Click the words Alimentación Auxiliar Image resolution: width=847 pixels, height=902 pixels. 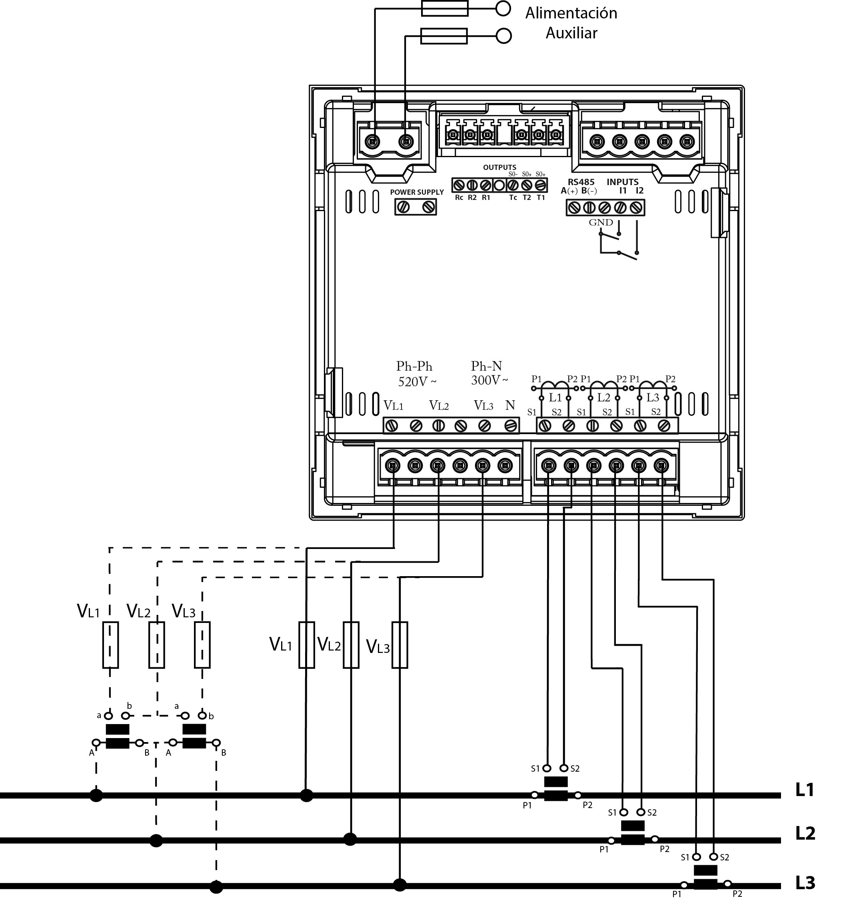(x=571, y=23)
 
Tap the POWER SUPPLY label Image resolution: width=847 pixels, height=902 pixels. (x=417, y=192)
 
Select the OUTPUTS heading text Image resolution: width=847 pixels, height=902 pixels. (x=499, y=168)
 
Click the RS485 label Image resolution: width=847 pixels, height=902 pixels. (x=581, y=182)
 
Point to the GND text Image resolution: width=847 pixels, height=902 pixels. (x=601, y=222)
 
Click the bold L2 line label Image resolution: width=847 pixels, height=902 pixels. (x=805, y=833)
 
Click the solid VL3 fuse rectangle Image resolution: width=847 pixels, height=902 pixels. (x=400, y=645)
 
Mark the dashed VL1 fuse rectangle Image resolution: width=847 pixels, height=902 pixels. (x=110, y=645)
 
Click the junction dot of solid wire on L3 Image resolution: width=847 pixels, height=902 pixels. (x=400, y=885)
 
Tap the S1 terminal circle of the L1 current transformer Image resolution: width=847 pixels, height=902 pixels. (x=547, y=768)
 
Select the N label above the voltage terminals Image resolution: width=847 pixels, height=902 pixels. (x=510, y=405)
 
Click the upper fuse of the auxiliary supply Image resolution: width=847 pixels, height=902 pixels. (x=444, y=8)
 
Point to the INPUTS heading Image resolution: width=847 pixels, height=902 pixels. (x=622, y=182)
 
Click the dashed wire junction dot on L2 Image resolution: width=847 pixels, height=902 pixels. (x=156, y=841)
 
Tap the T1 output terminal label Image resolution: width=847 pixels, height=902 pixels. (x=540, y=198)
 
